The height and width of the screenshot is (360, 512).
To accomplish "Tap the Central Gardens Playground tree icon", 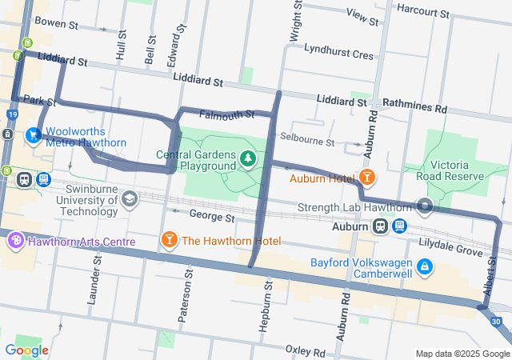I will pyautogui.click(x=249, y=160).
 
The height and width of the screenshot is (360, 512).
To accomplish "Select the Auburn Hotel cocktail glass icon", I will pyautogui.click(x=366, y=177).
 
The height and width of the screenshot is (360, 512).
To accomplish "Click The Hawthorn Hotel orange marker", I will pyautogui.click(x=169, y=240).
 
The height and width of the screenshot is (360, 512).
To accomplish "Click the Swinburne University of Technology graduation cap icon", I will pyautogui.click(x=128, y=196).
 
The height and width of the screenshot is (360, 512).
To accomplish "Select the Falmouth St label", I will pyautogui.click(x=226, y=114).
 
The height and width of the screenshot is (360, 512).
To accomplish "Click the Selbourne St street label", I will pyautogui.click(x=307, y=142).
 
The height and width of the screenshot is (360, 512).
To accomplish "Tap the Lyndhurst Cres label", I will pyautogui.click(x=339, y=55).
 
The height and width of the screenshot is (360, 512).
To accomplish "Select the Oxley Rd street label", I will pyautogui.click(x=305, y=352).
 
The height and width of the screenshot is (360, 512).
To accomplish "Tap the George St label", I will pyautogui.click(x=211, y=216).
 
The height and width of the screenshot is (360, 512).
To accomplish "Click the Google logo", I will pyautogui.click(x=26, y=350).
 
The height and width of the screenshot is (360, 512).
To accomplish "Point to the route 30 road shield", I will pyautogui.click(x=496, y=322).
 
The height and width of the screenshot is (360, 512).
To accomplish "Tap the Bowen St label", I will pyautogui.click(x=55, y=24).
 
